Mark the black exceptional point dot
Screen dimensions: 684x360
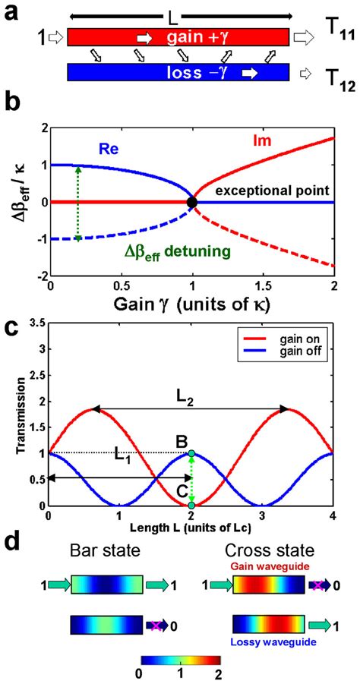tap(192, 202)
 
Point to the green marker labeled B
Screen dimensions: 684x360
tap(192, 454)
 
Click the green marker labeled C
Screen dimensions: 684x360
tap(192, 505)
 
